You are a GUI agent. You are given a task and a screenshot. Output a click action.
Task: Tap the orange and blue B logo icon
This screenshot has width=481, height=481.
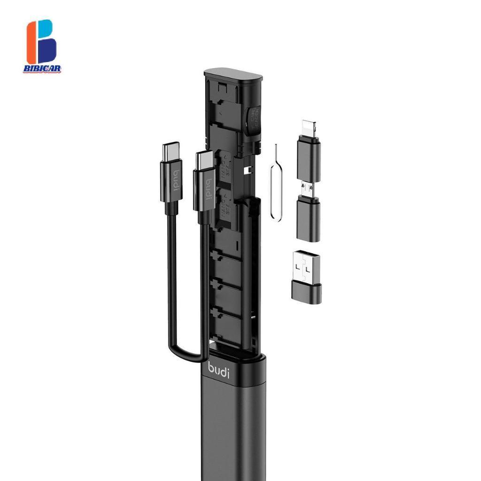(x=41, y=42)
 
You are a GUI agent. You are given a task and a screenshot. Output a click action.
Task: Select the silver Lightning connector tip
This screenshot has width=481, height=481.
(x=307, y=128)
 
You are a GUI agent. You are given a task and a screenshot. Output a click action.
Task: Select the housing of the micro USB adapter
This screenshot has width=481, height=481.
(x=309, y=218)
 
